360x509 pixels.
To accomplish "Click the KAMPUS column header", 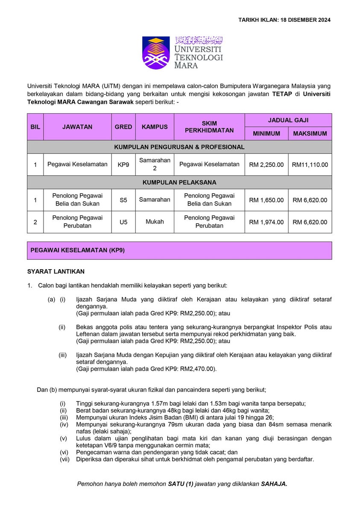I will coord(155,127).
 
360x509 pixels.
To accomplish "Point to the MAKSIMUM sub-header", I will coord(310,134).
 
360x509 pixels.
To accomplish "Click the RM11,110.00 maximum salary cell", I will coord(310,165).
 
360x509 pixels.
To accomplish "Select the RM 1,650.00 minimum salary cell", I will coord(266,200).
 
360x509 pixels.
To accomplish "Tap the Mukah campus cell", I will coord(155,222).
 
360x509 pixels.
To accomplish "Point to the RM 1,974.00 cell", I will coord(266,222).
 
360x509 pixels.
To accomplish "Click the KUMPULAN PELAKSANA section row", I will coord(179,182).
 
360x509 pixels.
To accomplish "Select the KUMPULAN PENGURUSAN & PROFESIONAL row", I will coord(179,147).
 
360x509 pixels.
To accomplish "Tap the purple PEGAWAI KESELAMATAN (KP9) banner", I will coord(179,250).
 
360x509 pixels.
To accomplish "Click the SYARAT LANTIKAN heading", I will coord(56,271).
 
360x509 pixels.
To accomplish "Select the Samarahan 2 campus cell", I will coord(155,165).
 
